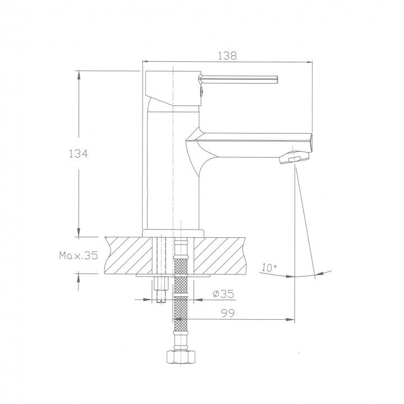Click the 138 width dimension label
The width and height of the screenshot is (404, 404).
[x=227, y=56]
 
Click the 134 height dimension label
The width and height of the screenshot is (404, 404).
[x=79, y=154]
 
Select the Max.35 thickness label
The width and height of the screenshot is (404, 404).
[x=79, y=255]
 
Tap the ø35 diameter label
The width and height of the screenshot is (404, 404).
[x=223, y=293]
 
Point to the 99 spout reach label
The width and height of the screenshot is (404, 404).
[x=228, y=313]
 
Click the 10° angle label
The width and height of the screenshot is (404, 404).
[x=269, y=268]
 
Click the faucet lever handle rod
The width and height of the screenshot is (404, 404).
[x=238, y=79]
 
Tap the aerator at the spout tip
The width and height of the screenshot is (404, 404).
[x=293, y=158]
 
